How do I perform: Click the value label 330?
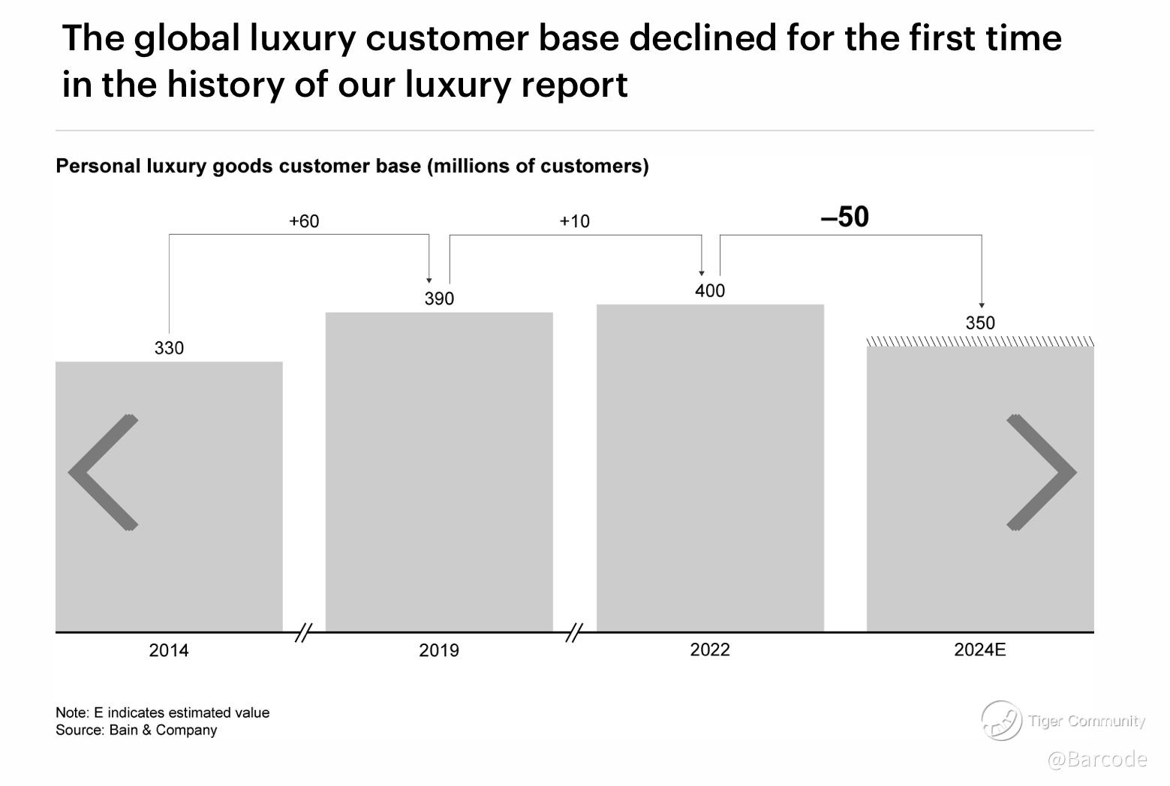pos(169,348)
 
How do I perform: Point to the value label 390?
pos(439,298)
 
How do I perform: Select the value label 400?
pos(710,291)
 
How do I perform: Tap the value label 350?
pos(980,323)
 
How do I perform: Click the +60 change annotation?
pos(304,221)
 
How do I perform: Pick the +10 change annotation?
pos(575,221)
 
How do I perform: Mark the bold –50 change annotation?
pos(845,217)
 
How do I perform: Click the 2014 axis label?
pos(169,650)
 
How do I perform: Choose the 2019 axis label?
pos(439,650)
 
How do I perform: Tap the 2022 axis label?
pos(710,649)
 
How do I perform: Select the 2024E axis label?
pos(979,649)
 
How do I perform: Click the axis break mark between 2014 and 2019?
pos(303,633)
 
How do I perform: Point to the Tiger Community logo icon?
pos(1001,721)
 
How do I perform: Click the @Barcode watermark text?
pos(1096,759)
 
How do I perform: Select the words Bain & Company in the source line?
pos(163,730)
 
